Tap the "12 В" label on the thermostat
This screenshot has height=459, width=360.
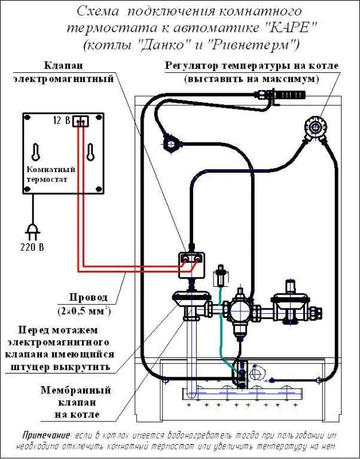61,121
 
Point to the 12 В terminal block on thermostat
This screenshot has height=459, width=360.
81,121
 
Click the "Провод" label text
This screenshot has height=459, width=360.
88,297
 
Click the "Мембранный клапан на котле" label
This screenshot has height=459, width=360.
76,402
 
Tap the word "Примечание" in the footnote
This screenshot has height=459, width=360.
47,434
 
